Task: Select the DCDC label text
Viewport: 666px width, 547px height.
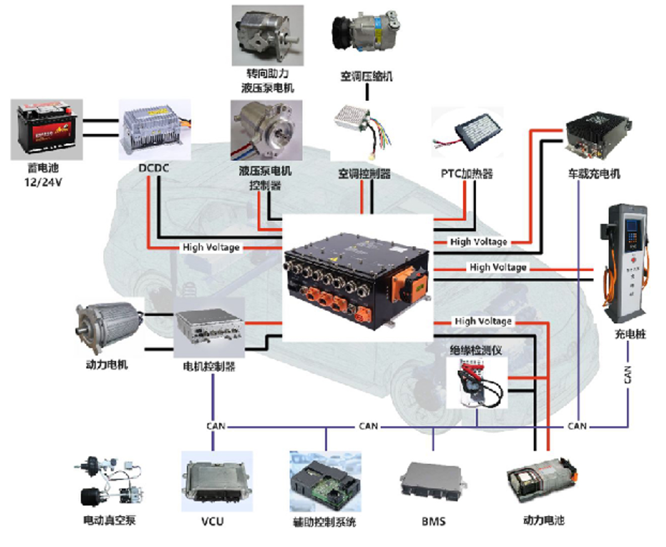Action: tap(154, 167)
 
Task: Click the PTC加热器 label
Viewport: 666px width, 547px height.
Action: tap(467, 174)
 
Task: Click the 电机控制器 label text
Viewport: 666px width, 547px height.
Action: tap(209, 367)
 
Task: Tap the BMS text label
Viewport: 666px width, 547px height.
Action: tap(433, 521)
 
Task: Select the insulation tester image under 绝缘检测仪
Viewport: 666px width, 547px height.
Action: tap(478, 383)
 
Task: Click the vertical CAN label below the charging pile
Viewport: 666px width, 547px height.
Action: tap(628, 375)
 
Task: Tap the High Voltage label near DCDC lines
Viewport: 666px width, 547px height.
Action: tap(211, 247)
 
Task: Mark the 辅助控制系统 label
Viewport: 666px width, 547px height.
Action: tap(325, 522)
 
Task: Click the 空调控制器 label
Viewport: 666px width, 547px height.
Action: tap(364, 174)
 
